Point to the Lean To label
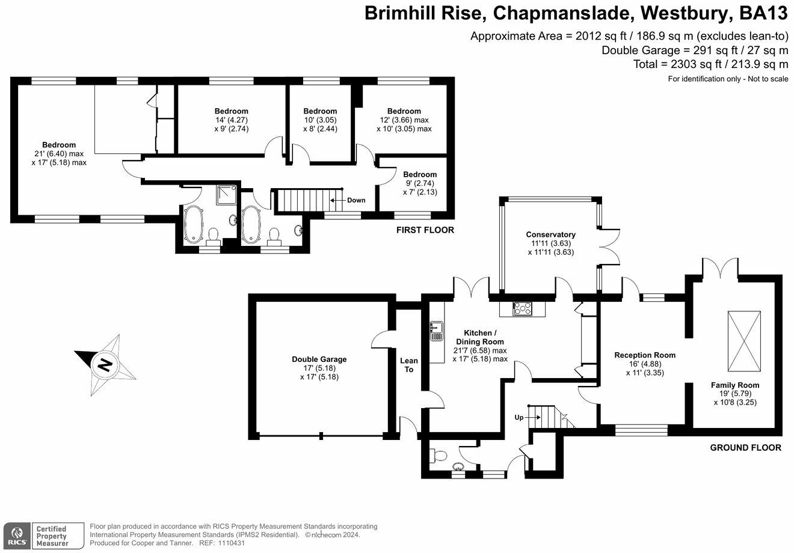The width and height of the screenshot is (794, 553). coord(409,365)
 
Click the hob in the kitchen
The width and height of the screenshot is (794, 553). coord(522,308)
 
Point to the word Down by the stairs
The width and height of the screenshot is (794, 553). coord(356,200)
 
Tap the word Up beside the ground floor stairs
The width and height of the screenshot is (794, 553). coord(519,417)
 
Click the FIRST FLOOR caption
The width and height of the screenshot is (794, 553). coord(425,230)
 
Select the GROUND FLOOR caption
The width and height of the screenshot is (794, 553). coord(745,447)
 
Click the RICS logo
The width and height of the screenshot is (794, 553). coord(16,533)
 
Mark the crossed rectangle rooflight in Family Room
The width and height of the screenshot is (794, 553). coord(744,341)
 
